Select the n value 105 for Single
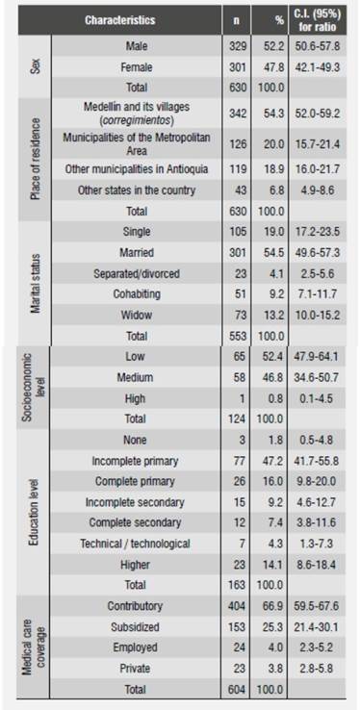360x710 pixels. [254, 232]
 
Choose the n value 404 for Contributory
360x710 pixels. [254, 607]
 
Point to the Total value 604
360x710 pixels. [254, 690]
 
